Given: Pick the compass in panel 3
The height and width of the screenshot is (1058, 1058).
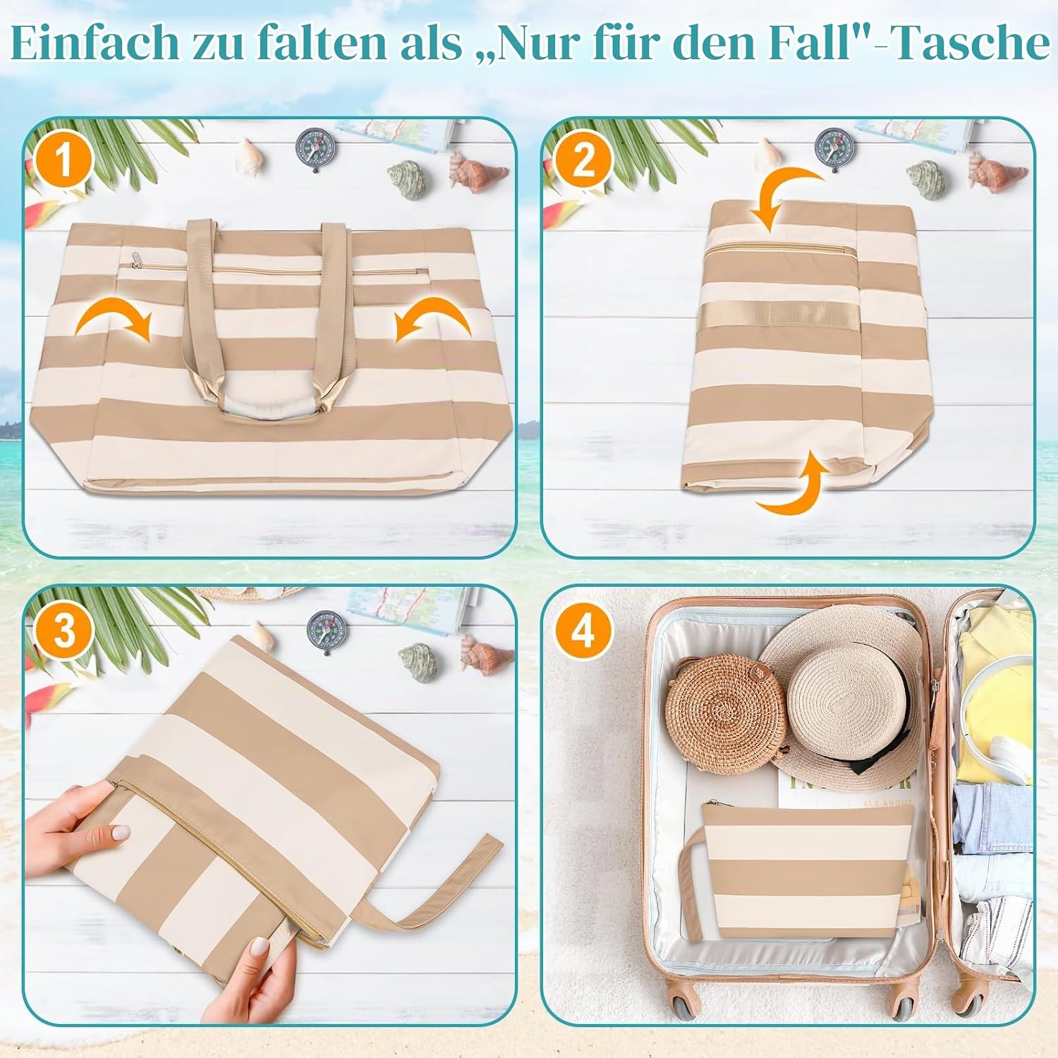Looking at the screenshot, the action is (323, 630).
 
